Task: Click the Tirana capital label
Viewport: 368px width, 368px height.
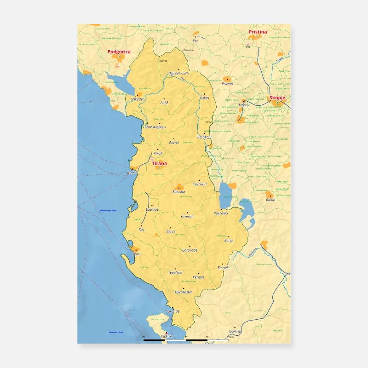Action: tap(159, 163)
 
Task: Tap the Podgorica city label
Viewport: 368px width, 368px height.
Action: tap(119, 52)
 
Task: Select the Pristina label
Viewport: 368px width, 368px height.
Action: tap(258, 32)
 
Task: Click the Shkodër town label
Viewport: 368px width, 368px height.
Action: tap(138, 99)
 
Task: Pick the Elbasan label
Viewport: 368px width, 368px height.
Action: tap(178, 191)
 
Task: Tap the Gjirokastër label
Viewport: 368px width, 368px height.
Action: tap(184, 292)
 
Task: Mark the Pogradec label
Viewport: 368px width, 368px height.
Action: tap(221, 213)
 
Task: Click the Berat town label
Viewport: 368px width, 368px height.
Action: tap(171, 231)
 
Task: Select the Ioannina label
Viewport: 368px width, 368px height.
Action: tap(235, 331)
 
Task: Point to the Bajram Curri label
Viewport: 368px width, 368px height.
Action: tap(179, 73)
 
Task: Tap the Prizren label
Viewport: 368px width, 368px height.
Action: tap(227, 83)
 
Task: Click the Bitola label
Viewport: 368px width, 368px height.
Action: tap(270, 200)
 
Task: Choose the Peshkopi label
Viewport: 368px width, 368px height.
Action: tap(204, 137)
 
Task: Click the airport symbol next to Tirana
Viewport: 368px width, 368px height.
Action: tap(152, 159)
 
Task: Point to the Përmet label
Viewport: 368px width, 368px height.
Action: tap(199, 277)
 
